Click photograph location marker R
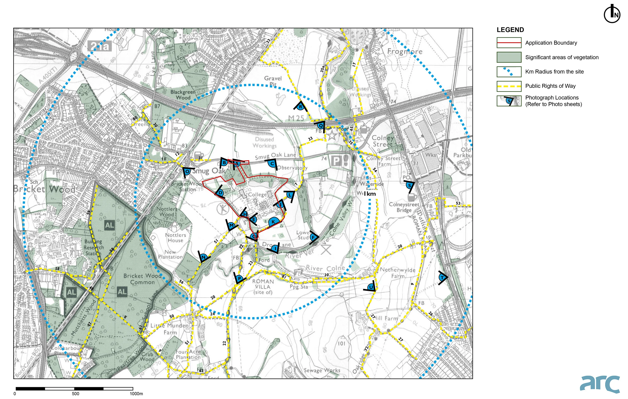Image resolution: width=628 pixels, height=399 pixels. pos(300,106)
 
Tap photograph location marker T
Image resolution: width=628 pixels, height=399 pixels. pos(442,277)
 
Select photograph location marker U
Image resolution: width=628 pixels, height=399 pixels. pos(371,287)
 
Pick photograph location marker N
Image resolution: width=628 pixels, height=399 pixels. pos(204,257)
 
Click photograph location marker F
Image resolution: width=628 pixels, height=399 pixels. pos(313,237)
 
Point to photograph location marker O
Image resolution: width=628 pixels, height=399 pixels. pos(187,171)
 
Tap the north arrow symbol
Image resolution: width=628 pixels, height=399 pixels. pos(612,13)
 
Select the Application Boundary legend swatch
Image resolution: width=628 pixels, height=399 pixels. pos(509,43)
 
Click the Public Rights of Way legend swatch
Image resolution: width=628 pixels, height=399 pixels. pos(509,86)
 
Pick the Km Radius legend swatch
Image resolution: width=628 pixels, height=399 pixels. pos(509,72)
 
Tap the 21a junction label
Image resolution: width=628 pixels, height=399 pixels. pos(100,46)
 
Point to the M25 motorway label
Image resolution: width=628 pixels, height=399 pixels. pos(296,118)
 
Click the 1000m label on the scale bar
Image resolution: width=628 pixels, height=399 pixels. pos(136,394)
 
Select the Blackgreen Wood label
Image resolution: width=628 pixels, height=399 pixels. pos(183,95)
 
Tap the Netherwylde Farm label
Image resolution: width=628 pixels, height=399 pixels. pos(397,273)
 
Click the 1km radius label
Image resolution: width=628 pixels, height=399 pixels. pos(370,194)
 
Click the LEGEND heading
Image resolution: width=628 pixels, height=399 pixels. pos(510,30)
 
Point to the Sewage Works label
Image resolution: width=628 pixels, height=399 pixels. pos(322,370)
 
